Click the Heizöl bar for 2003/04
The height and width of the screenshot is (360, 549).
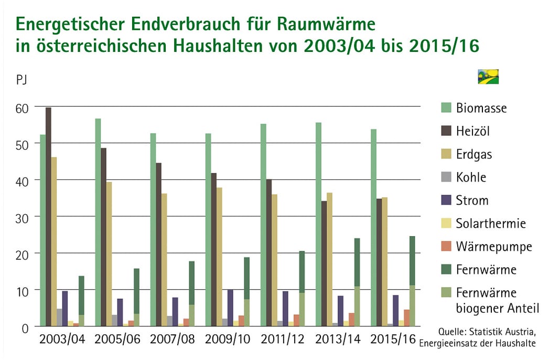tap(48, 217)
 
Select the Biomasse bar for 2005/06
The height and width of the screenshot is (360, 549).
tap(98, 223)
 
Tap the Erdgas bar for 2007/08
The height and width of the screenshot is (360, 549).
tap(164, 260)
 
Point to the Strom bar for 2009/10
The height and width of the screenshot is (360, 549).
tap(230, 308)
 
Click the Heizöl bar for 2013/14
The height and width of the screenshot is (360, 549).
tap(324, 263)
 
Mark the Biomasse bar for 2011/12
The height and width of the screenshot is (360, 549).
tap(263, 225)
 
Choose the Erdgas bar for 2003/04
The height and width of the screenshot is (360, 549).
tap(54, 242)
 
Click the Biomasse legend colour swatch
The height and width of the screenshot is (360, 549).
tap(446, 108)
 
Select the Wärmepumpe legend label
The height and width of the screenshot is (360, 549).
tap(493, 247)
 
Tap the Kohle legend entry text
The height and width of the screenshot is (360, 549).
tap(471, 177)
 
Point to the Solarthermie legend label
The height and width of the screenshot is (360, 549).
tap(491, 224)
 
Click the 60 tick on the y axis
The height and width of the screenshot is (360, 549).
tap(21, 109)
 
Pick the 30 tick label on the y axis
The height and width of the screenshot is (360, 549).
tap(21, 219)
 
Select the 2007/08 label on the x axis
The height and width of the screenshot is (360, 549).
tap(173, 340)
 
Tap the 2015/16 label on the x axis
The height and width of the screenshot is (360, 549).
tap(393, 340)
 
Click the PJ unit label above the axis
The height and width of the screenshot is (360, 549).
tap(21, 80)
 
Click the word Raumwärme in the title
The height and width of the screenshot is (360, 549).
tap(326, 24)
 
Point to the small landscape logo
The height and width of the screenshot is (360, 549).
tap(488, 77)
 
